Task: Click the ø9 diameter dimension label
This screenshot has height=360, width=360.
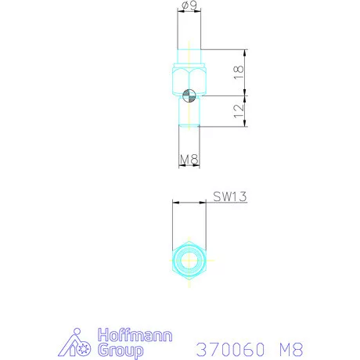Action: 189,5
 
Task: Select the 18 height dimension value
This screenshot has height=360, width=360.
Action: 239,72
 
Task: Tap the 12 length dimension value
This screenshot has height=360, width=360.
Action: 239,111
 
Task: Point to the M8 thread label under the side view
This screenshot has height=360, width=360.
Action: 189,160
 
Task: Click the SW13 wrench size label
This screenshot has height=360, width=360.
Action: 230,196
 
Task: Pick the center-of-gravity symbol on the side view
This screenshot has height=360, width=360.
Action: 189,95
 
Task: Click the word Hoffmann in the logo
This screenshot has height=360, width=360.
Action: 135,335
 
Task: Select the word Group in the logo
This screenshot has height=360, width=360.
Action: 121,351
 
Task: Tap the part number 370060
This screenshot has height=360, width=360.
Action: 230,349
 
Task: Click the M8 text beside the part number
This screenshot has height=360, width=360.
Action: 291,349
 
